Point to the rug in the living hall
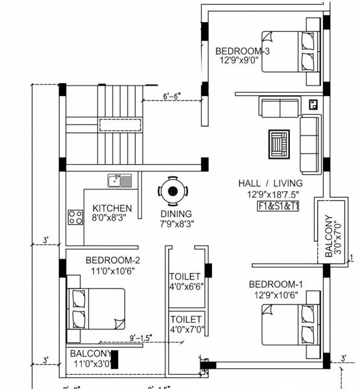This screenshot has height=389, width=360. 280,144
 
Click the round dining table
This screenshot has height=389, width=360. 172,191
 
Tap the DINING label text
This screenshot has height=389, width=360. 176,214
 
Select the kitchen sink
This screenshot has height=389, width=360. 119,180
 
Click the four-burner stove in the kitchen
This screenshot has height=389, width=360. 75,217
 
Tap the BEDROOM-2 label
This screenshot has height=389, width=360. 113,261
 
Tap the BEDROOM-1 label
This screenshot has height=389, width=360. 276,285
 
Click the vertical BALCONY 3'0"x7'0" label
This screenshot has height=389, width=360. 332,237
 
